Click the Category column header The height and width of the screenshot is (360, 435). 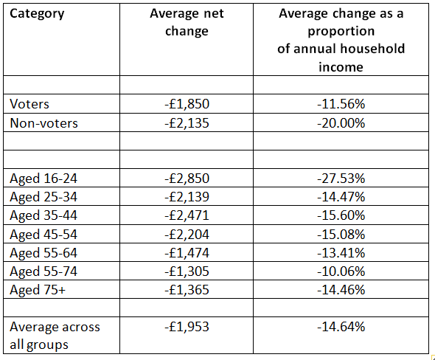point(37,14)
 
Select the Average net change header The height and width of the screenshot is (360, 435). point(187,22)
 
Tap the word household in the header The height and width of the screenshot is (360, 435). point(372,49)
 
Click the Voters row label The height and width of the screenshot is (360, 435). point(29,104)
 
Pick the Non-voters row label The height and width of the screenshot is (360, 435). point(43,123)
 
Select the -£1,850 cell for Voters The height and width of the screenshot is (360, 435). point(187,104)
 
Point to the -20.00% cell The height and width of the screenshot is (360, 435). point(341,123)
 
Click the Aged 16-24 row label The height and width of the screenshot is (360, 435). point(43,179)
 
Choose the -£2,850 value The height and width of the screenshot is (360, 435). point(187,179)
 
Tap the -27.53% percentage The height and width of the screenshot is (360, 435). point(341,179)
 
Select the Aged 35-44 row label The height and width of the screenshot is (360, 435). point(43,215)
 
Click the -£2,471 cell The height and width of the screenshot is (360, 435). point(187,215)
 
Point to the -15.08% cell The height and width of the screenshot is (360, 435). point(341,235)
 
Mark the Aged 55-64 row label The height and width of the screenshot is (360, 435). point(43,253)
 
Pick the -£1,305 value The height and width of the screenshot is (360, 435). point(187,271)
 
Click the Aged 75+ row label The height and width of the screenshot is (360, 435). point(38,290)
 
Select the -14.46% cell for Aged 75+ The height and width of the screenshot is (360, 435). point(341,290)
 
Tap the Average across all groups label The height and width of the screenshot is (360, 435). point(55,336)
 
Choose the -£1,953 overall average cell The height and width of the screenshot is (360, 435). point(187,327)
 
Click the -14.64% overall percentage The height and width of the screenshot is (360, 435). point(341,327)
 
